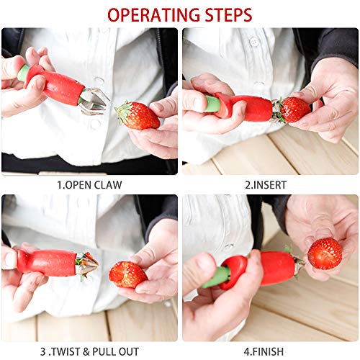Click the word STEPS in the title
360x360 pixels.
pos(226,14)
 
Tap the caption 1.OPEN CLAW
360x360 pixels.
pos(89,184)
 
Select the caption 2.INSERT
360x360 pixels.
pos(268,184)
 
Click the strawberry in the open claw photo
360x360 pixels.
pos(139,115)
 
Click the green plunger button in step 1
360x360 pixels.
pos(24,73)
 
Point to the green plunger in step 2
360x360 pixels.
pos(212,104)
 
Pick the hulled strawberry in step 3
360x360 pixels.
pos(127,274)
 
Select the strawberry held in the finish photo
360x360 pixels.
pos(325,253)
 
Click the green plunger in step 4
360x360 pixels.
pos(217,276)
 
